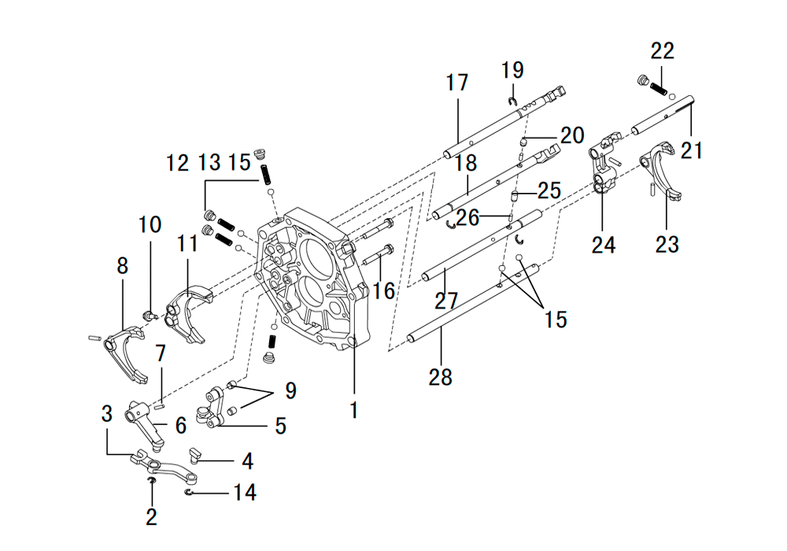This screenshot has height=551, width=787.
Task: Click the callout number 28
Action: pos(440,377)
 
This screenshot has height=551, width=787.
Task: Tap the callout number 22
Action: pos(663,51)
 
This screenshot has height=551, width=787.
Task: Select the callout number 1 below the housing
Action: pos(354,410)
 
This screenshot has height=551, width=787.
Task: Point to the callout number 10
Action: pos(150,224)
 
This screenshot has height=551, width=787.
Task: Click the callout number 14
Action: pos(245,492)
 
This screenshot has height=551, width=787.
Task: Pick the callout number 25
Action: pos(549,190)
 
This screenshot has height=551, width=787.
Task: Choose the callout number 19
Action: pos(512,70)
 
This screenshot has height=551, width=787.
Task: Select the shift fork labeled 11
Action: pos(189,312)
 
